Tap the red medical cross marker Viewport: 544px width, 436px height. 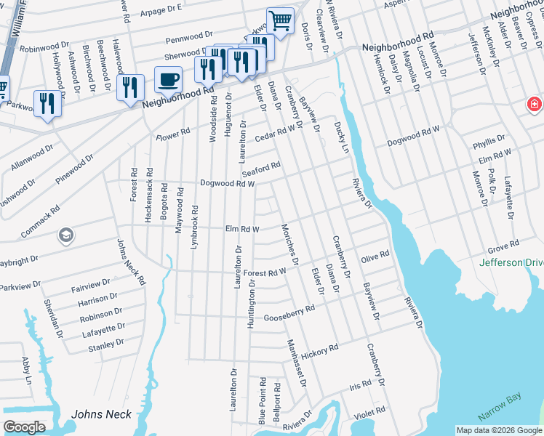tap(535, 105)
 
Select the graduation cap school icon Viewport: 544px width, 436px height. tap(65, 235)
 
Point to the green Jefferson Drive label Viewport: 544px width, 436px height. tap(511, 262)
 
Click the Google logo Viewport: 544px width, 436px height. tap(24, 427)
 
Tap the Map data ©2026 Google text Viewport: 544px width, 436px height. tap(498, 430)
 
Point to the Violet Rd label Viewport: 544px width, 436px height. tap(369, 412)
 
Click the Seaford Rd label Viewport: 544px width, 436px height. tap(261, 168)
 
